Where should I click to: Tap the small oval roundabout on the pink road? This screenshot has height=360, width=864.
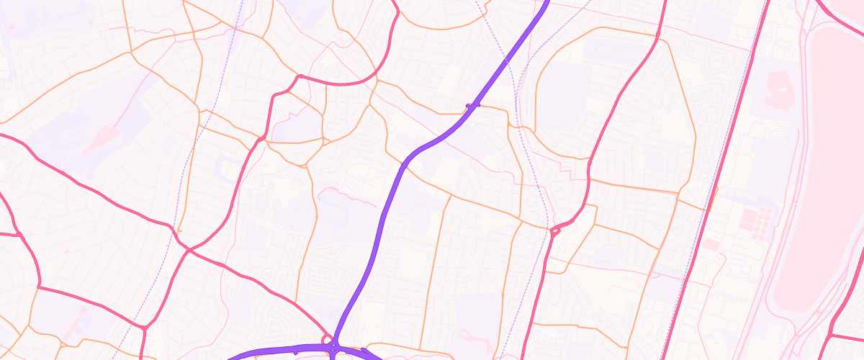coord(555,231)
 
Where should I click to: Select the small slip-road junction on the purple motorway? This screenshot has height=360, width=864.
coord(473,107)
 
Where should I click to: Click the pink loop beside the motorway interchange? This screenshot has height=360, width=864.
coord(328,338)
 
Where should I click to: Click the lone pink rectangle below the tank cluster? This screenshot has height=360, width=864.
coord(710,245)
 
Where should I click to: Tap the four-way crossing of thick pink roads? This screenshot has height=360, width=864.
coord(189,249)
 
